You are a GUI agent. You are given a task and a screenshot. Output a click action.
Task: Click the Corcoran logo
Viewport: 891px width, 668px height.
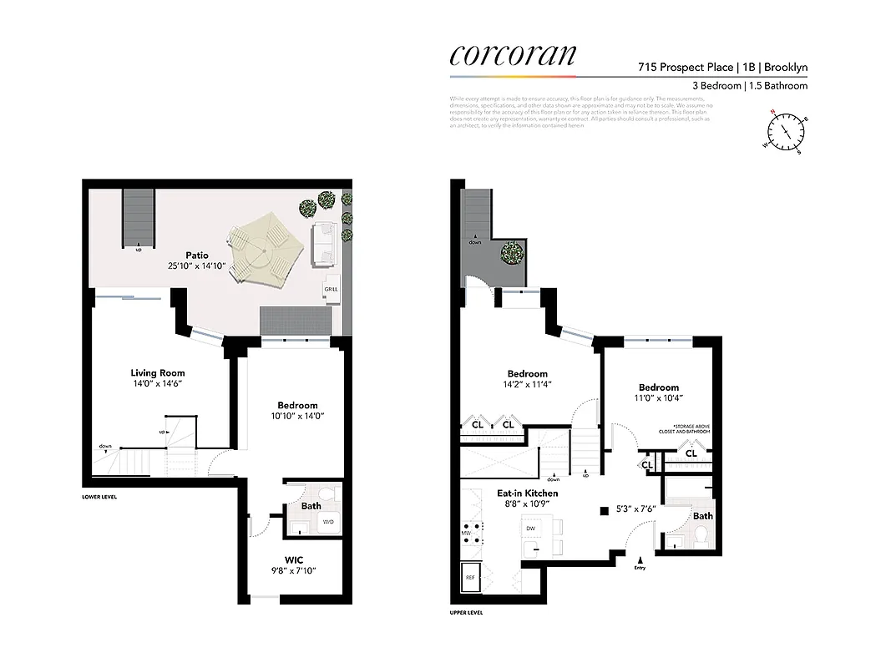coord(513,54)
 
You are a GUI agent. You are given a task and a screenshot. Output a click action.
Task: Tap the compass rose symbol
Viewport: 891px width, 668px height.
coord(784,132)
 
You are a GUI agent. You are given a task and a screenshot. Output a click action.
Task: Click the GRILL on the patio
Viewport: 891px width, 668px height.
coord(330,288)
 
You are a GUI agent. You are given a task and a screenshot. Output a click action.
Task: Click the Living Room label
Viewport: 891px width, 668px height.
coord(157,372)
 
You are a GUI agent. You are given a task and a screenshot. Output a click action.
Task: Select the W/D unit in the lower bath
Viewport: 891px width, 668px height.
coord(328,523)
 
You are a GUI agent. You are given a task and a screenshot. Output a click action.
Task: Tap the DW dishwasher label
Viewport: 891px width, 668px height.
coord(530,529)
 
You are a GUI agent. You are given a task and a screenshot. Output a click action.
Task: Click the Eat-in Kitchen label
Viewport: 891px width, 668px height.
coord(528,493)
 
